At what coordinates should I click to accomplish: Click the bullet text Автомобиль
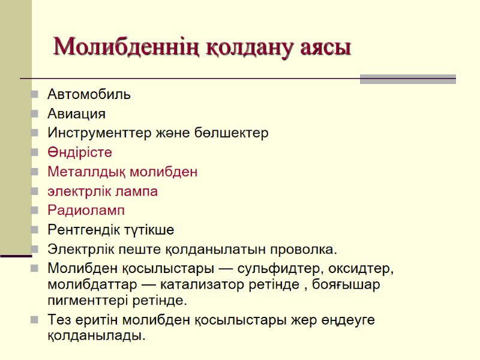tap(89, 94)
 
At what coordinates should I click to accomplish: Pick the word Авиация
tap(76, 113)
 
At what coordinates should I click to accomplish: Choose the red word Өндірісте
tap(80, 152)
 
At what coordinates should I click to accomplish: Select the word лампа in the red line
tap(139, 191)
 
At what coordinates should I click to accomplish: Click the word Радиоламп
tap(86, 211)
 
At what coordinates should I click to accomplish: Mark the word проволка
tap(306, 249)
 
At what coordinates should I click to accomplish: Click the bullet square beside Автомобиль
tap(35, 94)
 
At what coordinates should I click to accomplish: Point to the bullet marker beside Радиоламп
tap(35, 211)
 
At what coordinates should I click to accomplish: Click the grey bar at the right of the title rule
tap(407, 79)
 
